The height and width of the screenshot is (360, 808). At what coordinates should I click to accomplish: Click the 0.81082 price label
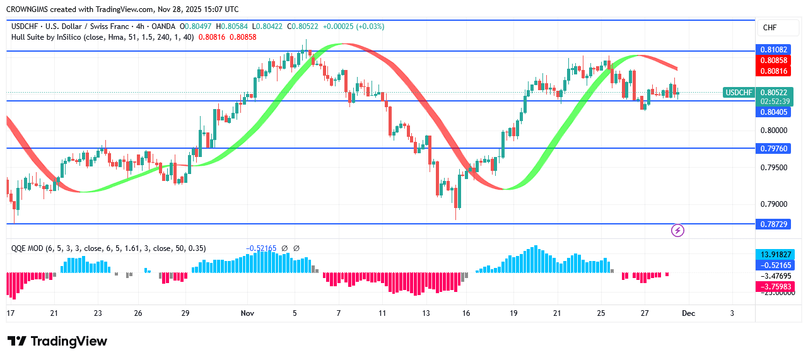click(x=774, y=49)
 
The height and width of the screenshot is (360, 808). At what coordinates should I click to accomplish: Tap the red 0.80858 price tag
click(x=774, y=61)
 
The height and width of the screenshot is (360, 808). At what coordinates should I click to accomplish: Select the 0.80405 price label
click(x=774, y=112)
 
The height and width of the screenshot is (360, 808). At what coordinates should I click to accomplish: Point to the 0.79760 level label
click(x=774, y=148)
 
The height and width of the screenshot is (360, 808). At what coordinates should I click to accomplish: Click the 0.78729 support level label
click(x=774, y=224)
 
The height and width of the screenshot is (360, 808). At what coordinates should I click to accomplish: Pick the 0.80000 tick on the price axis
click(x=774, y=131)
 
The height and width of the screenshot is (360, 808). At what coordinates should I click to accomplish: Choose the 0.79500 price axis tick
click(x=774, y=168)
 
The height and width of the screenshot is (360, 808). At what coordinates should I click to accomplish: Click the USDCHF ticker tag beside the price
click(x=739, y=93)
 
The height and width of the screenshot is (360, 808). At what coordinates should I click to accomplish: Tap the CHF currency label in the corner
click(x=770, y=28)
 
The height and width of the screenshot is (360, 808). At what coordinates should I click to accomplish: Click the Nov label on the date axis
click(x=247, y=313)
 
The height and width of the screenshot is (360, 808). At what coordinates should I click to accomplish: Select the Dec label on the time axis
click(x=689, y=313)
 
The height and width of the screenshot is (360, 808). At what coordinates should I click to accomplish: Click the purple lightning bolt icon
click(x=678, y=231)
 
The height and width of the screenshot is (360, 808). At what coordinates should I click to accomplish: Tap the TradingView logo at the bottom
click(x=57, y=342)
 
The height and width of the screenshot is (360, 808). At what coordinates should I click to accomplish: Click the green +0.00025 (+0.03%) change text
click(x=353, y=26)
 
